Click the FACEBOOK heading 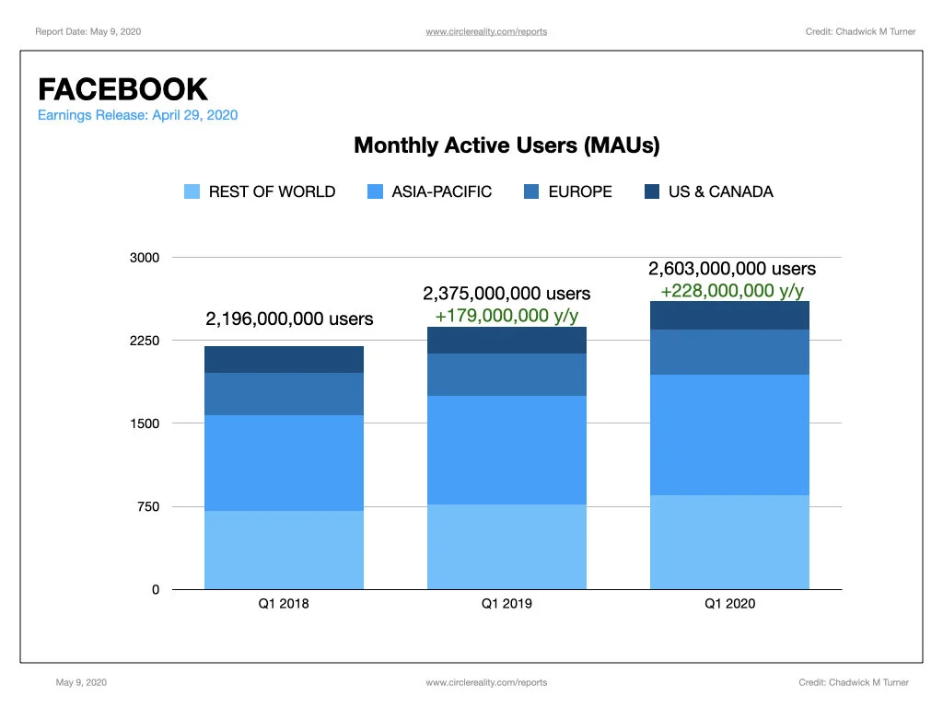(122, 89)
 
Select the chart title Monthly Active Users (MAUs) (506, 145)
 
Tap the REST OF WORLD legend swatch (192, 191)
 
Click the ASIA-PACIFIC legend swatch (375, 191)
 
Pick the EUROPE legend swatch (531, 191)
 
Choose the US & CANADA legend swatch (651, 191)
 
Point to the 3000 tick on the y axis (145, 258)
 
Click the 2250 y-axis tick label (145, 341)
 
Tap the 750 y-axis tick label (148, 507)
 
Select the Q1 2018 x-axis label (284, 604)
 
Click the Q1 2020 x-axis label (729, 604)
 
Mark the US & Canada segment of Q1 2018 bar (284, 360)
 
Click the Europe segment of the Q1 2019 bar (507, 375)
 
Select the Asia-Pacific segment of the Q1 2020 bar (729, 435)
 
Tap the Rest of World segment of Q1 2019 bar (507, 547)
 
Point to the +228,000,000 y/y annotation (732, 291)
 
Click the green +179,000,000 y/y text (507, 316)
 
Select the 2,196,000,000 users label (289, 319)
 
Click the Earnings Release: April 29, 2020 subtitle (138, 115)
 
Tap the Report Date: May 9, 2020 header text (87, 32)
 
